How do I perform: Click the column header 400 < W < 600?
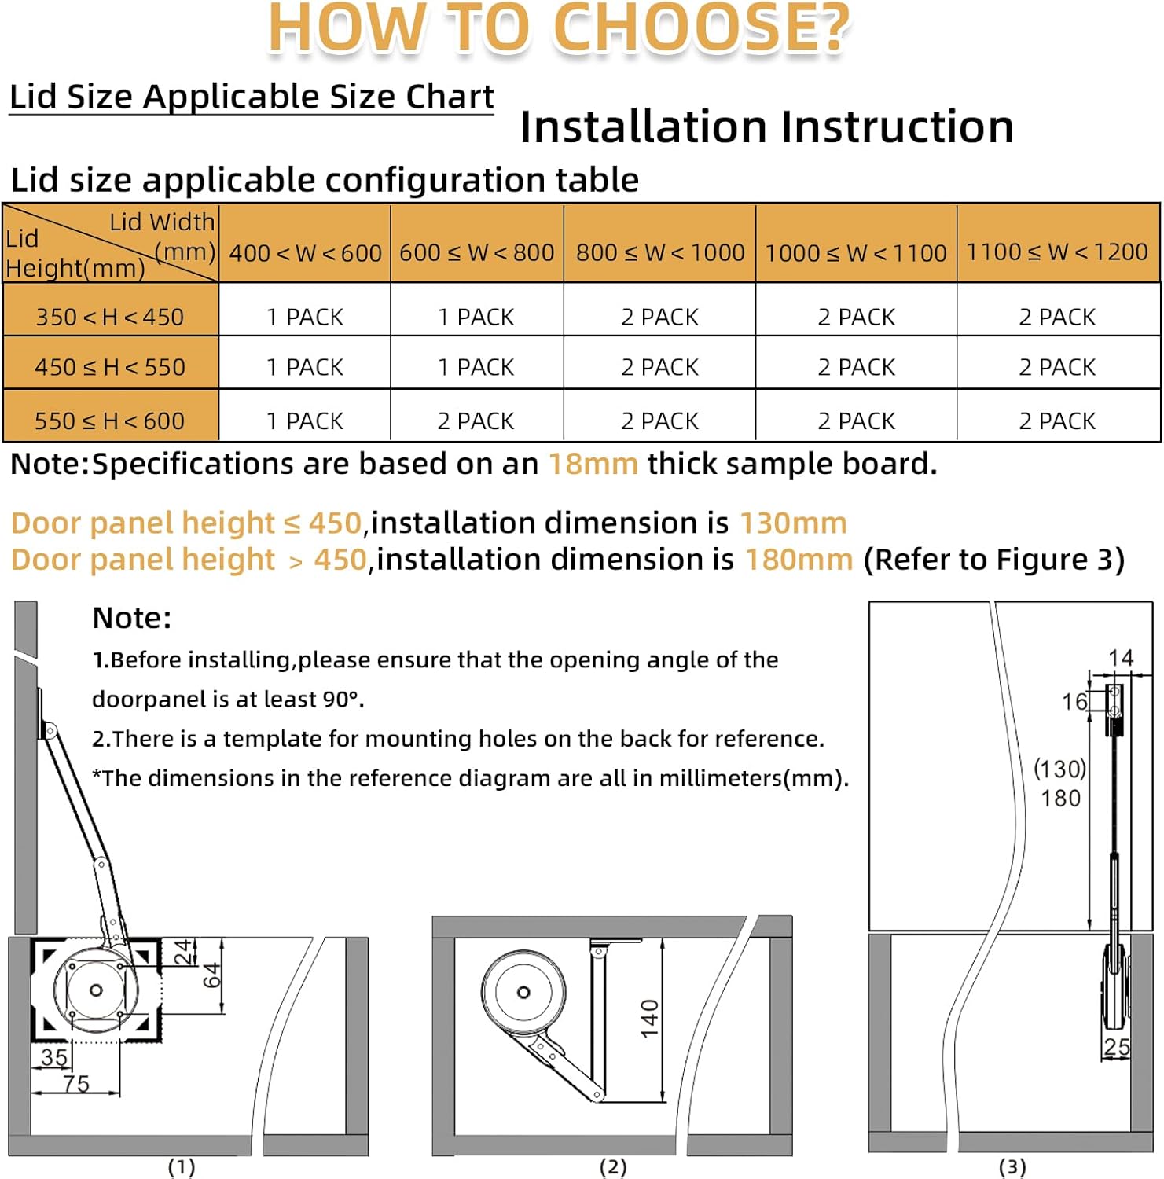[x=305, y=253]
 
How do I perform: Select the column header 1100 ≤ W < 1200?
[x=1057, y=252]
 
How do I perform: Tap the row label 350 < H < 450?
[x=110, y=317]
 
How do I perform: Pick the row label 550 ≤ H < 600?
[x=110, y=421]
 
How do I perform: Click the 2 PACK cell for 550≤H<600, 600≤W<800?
[x=476, y=421]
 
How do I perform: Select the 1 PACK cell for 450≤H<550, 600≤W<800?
[x=476, y=367]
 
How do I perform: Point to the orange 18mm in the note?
[x=593, y=464]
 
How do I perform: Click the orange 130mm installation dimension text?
[x=793, y=523]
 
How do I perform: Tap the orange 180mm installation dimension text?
[x=799, y=560]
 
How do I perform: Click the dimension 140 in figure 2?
[x=650, y=1019]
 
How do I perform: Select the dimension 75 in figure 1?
[x=76, y=1083]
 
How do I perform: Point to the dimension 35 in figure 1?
[x=54, y=1057]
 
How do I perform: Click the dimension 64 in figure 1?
[x=212, y=975]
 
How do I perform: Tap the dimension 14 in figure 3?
[x=1121, y=657]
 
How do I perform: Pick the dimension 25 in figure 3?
[x=1117, y=1047]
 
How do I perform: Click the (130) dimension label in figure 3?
[x=1059, y=768]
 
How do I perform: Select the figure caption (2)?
[x=613, y=1167]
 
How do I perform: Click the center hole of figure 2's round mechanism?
[x=523, y=992]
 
